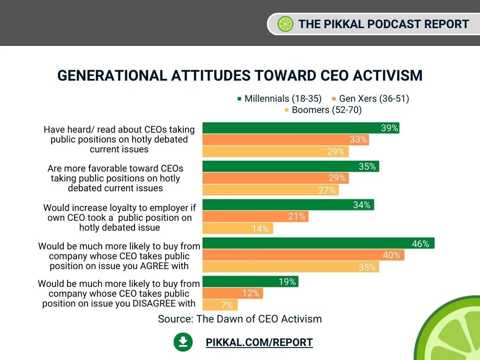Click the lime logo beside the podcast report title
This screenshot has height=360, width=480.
(285, 24)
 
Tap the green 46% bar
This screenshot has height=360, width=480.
(318, 243)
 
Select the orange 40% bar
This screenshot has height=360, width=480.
(303, 255)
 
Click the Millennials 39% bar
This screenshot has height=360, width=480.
(301, 128)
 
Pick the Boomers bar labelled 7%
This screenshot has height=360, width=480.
(220, 305)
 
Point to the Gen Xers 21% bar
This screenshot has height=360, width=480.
(255, 217)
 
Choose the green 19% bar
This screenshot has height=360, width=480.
(250, 281)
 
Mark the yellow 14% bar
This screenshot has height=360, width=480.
(238, 228)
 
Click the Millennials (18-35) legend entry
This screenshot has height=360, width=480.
(279, 98)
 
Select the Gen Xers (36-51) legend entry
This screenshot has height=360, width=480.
(370, 98)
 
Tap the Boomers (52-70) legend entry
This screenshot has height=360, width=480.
(323, 110)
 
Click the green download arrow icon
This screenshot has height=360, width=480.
(183, 342)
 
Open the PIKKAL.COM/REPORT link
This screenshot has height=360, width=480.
(259, 342)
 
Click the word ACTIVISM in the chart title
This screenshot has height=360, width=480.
(388, 75)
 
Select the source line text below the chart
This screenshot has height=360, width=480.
(240, 319)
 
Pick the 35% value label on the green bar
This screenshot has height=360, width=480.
(367, 166)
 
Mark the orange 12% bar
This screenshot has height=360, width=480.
(232, 293)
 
